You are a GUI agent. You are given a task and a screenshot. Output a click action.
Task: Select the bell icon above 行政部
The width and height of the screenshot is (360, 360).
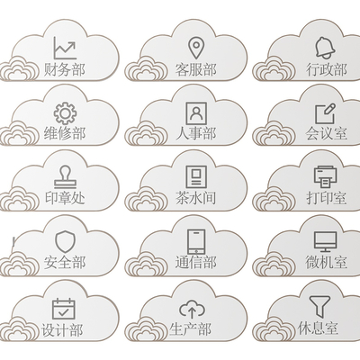click(x=325, y=48)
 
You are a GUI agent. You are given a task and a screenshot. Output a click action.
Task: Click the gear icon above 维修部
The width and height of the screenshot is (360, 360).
click(x=65, y=113)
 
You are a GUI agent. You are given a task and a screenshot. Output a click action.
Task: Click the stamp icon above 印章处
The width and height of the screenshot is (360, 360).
click(x=65, y=177)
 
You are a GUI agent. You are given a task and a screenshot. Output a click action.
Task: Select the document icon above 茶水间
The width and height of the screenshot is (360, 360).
click(x=196, y=177)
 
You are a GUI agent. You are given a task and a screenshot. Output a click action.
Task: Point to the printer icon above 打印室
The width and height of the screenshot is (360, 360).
click(x=326, y=177)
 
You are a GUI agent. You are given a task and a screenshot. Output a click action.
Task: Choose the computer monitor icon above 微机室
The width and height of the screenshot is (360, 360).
click(x=326, y=242)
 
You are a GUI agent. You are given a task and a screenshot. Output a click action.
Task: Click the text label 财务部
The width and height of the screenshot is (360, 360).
click(x=65, y=69)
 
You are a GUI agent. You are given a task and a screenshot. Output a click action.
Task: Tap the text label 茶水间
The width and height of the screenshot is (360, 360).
click(x=196, y=198)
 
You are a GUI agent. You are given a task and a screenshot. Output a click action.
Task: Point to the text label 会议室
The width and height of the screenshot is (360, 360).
click(x=327, y=133)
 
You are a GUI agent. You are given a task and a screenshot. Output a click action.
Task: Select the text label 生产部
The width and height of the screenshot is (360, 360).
click(x=190, y=329)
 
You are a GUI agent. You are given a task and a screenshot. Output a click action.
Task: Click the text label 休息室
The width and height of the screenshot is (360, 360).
click(x=318, y=328)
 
